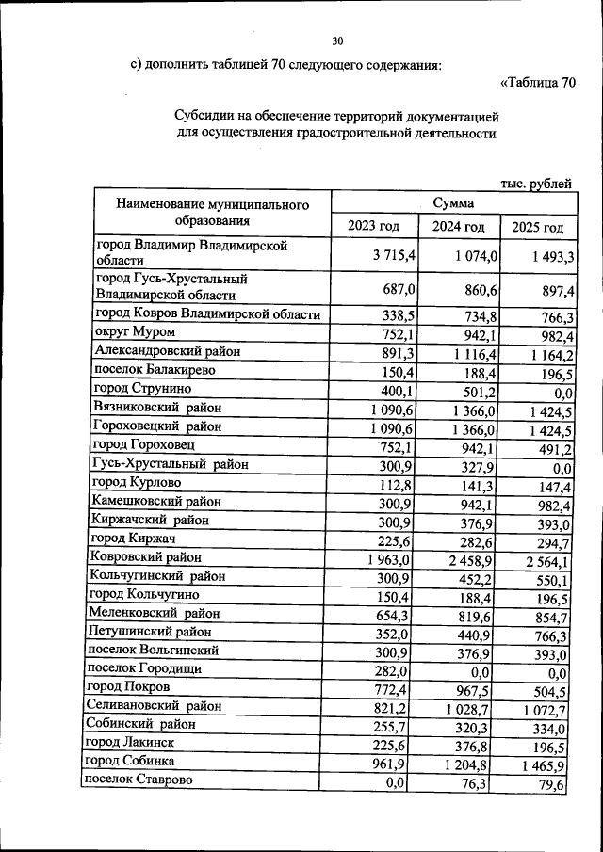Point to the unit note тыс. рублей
pos(537,184)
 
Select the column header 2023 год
pos(374,227)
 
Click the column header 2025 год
pos(538,227)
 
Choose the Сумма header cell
pos(454,202)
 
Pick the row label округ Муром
pos(132,332)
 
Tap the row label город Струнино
pos(141,388)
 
